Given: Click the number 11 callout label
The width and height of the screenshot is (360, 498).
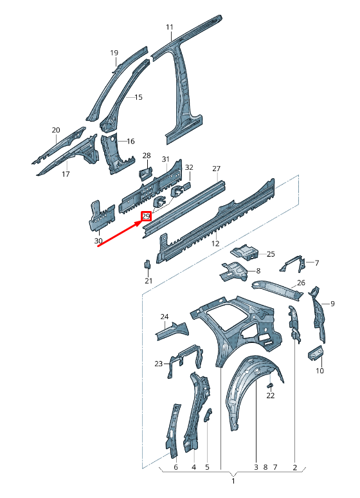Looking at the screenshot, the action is click(x=170, y=27).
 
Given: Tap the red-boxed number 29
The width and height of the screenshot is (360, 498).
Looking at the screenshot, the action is click(x=147, y=216).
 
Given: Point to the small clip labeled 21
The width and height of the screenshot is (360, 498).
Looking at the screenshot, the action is click(x=147, y=264).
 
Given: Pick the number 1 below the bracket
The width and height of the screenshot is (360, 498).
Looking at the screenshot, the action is click(x=233, y=481).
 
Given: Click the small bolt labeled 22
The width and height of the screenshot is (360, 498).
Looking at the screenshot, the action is click(x=270, y=385).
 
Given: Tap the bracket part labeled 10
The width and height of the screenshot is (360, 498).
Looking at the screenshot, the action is click(x=316, y=353).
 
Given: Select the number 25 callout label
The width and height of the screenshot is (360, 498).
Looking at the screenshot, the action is click(x=271, y=254).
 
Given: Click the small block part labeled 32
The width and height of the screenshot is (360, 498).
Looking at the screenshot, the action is click(x=187, y=185).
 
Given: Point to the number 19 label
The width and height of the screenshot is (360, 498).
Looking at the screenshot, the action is click(x=114, y=53).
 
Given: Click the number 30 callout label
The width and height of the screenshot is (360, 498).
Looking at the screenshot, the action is click(x=98, y=241).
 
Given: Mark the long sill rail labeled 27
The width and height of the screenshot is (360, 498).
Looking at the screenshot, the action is click(x=184, y=208).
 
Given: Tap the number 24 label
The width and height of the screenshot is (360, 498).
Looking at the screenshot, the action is click(x=165, y=317).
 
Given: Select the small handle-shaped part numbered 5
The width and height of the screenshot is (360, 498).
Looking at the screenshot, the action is click(x=208, y=415).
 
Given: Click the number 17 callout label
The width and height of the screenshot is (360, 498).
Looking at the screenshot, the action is click(x=66, y=174).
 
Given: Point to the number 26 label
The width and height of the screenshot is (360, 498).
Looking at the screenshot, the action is click(x=301, y=282).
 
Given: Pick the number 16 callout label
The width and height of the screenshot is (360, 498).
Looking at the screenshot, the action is click(x=130, y=141).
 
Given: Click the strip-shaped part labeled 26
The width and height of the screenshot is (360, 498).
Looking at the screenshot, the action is click(x=277, y=290).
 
